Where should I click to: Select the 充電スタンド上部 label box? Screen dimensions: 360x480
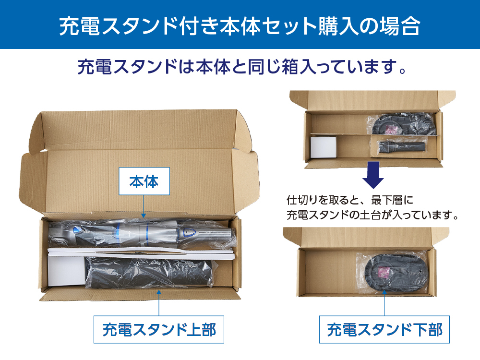click(159, 330)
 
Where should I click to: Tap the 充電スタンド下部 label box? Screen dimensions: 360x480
click(384, 330)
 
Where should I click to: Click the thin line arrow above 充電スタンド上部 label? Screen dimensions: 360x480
click(159, 302)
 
